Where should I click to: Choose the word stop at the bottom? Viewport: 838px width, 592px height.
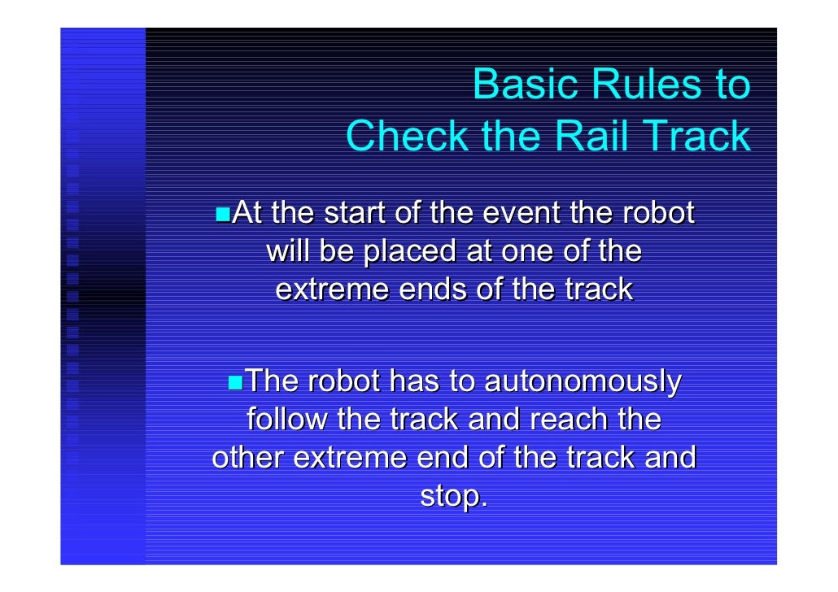click(x=452, y=497)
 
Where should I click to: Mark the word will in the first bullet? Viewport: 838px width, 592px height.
click(x=287, y=252)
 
